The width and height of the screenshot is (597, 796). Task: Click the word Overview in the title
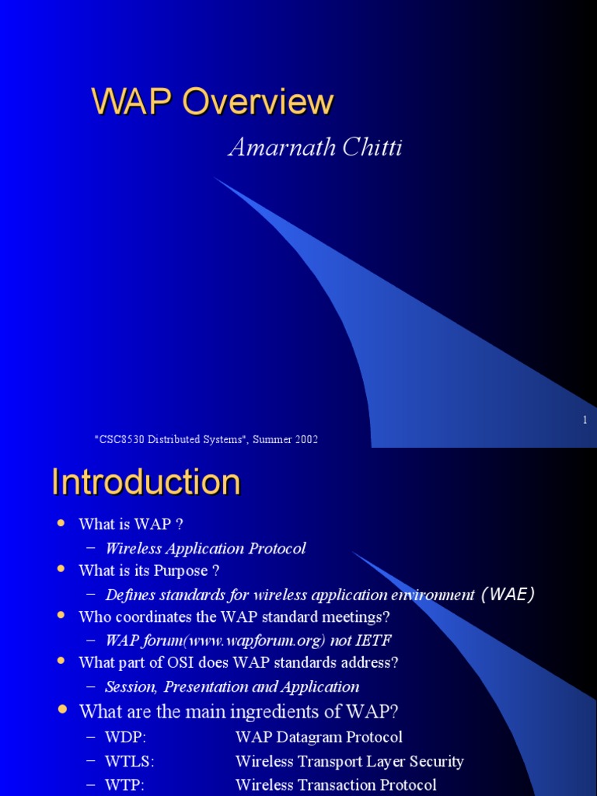[x=258, y=102]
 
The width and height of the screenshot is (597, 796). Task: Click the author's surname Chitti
[x=372, y=148]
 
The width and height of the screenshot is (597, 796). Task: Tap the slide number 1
[x=585, y=420]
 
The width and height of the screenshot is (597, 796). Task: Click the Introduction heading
[x=146, y=482]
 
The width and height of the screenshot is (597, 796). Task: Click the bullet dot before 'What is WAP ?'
[x=61, y=523]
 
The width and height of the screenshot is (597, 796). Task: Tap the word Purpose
[x=181, y=571]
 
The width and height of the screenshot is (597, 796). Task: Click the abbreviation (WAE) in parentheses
[x=507, y=595]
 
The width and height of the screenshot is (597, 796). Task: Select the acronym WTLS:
[x=130, y=762]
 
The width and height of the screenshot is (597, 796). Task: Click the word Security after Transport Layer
[x=437, y=762]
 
